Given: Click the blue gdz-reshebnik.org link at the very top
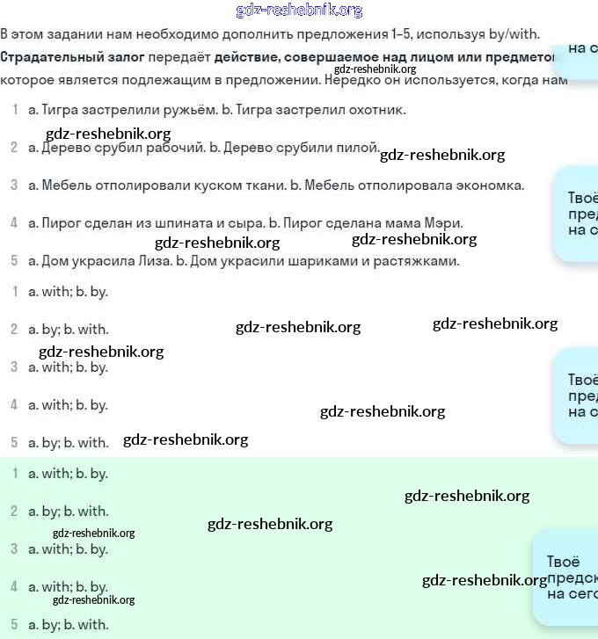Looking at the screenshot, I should pos(299,11).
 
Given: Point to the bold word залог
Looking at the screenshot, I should pos(122,57).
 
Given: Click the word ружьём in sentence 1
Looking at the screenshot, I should pos(185,110).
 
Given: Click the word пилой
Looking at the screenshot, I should pos(360,148).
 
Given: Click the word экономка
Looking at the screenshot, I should pos(486,185).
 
